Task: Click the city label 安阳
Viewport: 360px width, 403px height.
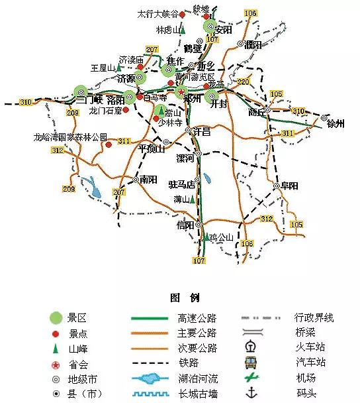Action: [x=224, y=30]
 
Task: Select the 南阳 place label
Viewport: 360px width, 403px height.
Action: [x=148, y=179]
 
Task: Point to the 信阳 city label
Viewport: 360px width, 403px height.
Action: [x=186, y=225]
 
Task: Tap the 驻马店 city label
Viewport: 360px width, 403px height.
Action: [x=181, y=184]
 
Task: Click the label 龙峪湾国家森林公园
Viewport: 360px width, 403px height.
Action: [x=71, y=137]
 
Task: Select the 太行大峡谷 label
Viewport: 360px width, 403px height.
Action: [x=157, y=13]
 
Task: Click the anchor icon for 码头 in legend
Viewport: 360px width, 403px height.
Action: [x=251, y=392]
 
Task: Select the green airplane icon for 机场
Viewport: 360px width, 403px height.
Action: [x=251, y=377]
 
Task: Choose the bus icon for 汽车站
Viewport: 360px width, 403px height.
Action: [x=251, y=362]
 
